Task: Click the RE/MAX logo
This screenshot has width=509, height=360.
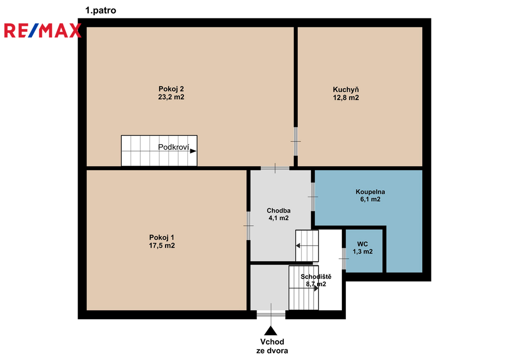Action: (43, 30)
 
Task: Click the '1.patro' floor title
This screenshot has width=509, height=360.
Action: (100, 10)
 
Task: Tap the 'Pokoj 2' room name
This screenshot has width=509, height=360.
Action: (171, 89)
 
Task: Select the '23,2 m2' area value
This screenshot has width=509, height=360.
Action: (171, 97)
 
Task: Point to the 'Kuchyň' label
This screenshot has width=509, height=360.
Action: (346, 90)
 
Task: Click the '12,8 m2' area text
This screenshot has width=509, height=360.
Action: (346, 98)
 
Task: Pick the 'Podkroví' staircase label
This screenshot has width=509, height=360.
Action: (173, 147)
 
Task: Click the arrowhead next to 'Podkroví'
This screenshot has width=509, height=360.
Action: (193, 151)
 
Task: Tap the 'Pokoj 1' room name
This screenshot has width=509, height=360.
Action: (162, 238)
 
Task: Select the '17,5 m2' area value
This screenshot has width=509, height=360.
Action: (162, 246)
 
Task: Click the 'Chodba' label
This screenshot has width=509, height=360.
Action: (278, 211)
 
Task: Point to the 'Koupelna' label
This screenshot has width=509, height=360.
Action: (370, 192)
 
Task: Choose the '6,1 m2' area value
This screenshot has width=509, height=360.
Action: (370, 199)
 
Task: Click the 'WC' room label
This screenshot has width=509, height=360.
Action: (362, 244)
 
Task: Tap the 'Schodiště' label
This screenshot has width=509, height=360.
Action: (316, 276)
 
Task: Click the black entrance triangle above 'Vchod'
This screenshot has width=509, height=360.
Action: (270, 331)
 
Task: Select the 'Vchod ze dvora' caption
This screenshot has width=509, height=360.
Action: (272, 346)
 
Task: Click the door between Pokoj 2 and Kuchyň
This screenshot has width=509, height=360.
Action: (296, 141)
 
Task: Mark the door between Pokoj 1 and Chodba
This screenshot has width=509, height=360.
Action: (249, 226)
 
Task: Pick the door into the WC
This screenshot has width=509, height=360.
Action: (344, 259)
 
